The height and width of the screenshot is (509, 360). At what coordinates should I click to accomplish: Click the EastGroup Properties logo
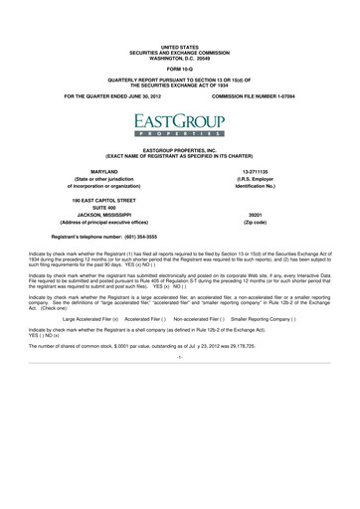180,123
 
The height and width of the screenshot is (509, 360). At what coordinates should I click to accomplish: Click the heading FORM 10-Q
180,70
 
